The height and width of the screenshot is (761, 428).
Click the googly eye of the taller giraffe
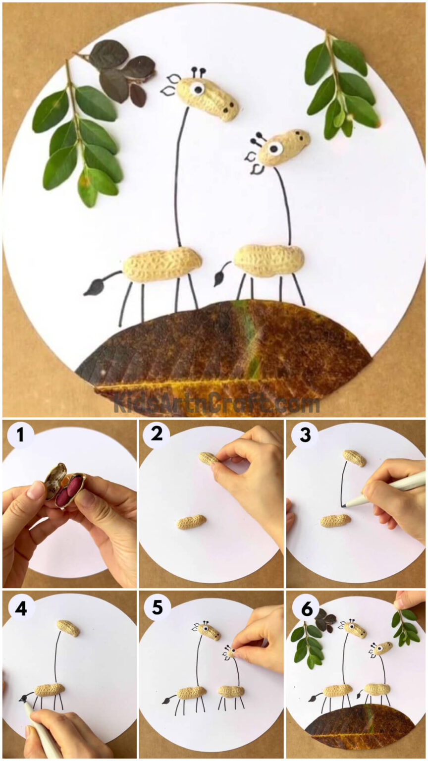coord(198,89)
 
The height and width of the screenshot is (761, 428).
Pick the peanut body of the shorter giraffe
coord(269,260)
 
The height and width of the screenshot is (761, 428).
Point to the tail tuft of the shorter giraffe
coord(218,279)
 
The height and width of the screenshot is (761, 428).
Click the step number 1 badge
coord(20,436)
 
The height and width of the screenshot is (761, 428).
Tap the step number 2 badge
coord(156,435)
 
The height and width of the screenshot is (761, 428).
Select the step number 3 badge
coord(304,435)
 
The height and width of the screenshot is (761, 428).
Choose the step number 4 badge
coord(20,607)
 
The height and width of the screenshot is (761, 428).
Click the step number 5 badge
coord(157,607)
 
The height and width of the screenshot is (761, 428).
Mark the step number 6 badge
coord(304,607)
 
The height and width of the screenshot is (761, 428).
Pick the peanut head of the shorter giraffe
coord(283,147)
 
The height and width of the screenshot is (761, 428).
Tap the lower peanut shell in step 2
coord(191,522)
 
